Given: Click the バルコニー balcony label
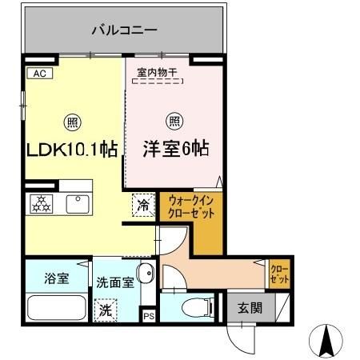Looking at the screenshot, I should (x=123, y=30).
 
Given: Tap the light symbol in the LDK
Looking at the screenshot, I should (x=72, y=122).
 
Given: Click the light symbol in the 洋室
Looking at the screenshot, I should (x=174, y=122).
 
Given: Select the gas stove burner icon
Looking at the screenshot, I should (x=40, y=204).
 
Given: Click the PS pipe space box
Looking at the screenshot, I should (x=148, y=316).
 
